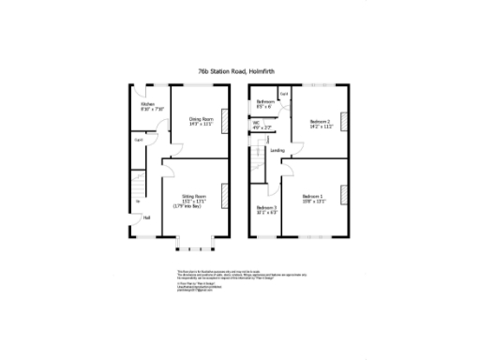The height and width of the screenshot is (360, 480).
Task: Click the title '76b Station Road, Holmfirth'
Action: pyautogui.click(x=240, y=69)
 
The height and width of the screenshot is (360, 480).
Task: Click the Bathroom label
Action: pyautogui.click(x=265, y=103)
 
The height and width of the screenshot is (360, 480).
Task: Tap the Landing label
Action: pyautogui.click(x=277, y=150)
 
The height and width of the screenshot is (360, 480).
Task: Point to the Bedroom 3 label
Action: pyautogui.click(x=266, y=210)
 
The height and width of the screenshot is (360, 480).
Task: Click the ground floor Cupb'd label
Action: pyautogui.click(x=138, y=141)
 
